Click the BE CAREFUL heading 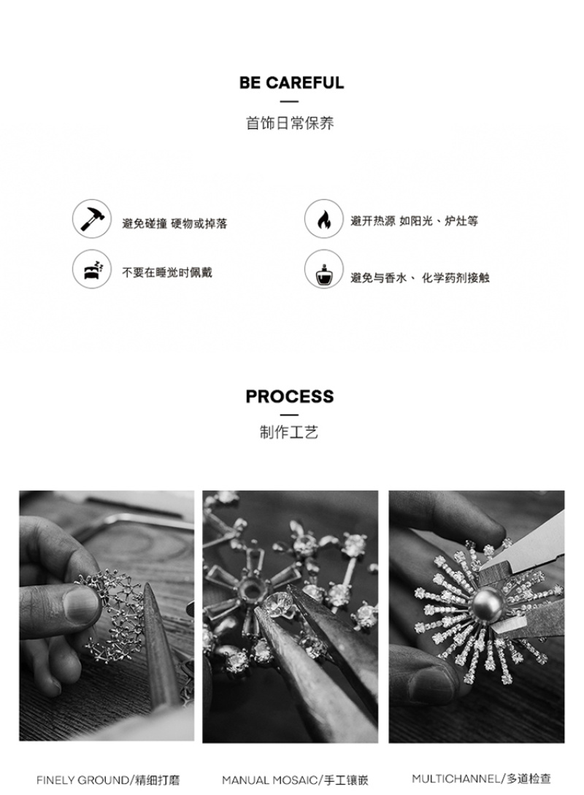[291, 82]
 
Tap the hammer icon [92, 218]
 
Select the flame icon [324, 219]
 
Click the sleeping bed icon [92, 269]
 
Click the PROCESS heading [290, 396]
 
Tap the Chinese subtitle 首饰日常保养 [290, 123]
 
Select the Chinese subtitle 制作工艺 [289, 432]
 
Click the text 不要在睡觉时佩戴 [166, 273]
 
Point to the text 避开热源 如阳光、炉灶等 [414, 221]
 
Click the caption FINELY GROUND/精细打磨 [108, 780]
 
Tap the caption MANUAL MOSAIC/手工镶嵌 [295, 780]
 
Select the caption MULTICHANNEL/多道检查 [481, 778]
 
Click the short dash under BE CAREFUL [289, 102]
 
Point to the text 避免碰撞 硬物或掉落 [174, 223]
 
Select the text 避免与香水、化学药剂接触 [420, 278]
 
